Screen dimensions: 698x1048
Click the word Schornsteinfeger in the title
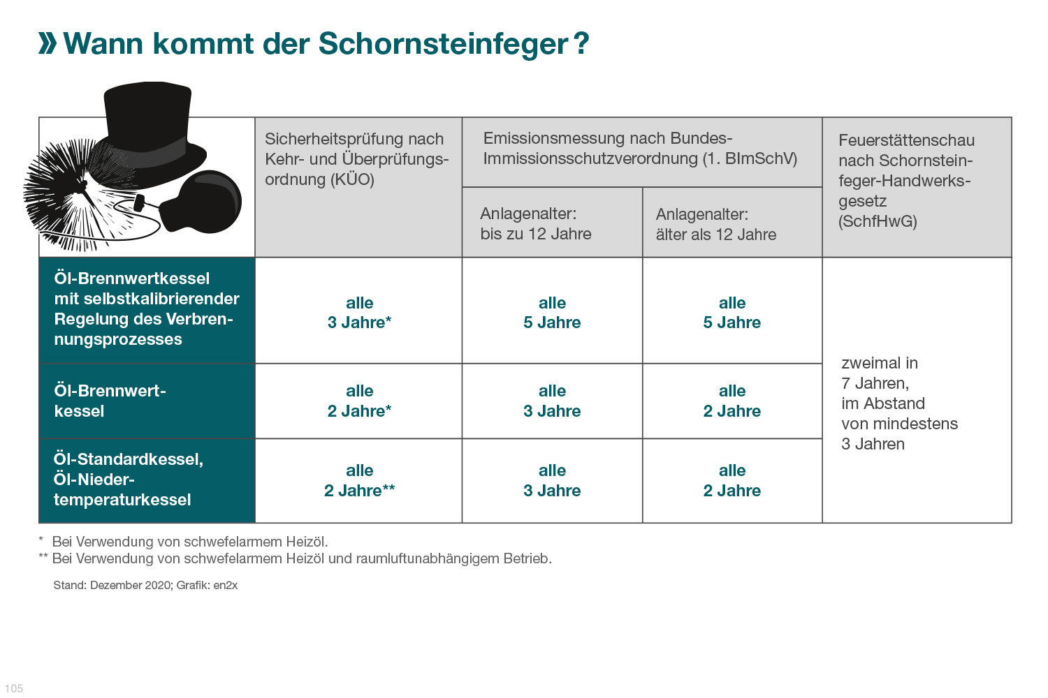(x=443, y=43)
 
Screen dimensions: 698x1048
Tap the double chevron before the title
(x=48, y=43)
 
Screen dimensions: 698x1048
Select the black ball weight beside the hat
(x=206, y=202)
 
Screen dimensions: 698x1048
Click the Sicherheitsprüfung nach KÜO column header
(x=356, y=159)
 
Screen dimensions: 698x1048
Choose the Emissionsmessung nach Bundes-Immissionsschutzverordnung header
(x=639, y=149)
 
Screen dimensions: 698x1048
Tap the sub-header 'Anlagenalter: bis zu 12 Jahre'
(x=536, y=224)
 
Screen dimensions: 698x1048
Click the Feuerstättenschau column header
(x=906, y=181)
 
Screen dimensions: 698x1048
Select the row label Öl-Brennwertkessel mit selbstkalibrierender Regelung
(x=146, y=309)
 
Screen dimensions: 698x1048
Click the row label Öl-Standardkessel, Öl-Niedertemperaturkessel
(x=129, y=480)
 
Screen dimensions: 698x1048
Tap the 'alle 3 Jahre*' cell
(x=359, y=313)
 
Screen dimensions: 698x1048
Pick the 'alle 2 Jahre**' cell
(x=359, y=481)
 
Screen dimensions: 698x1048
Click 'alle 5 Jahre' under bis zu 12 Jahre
(x=552, y=313)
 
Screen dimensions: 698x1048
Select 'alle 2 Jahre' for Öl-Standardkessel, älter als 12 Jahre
(x=732, y=481)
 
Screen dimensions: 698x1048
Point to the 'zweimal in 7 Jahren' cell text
(x=899, y=403)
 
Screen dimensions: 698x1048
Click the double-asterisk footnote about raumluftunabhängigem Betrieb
(x=300, y=558)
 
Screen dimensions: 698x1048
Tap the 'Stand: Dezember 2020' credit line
(x=145, y=585)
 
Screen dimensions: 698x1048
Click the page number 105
(x=14, y=689)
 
